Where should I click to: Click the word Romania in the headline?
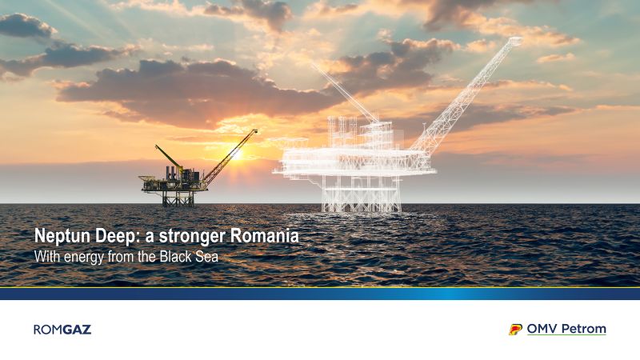click(265, 236)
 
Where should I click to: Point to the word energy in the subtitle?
click(84, 258)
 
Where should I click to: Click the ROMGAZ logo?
click(62, 330)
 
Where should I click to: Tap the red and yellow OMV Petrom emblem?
click(515, 330)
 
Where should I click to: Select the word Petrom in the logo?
click(584, 329)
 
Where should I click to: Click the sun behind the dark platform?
click(236, 155)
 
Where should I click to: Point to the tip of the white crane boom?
click(516, 40)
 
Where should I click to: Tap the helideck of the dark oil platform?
click(149, 178)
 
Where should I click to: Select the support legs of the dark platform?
click(178, 198)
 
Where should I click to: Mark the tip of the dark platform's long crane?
click(256, 131)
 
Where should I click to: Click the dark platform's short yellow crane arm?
click(168, 155)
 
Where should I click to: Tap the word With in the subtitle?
click(47, 257)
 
